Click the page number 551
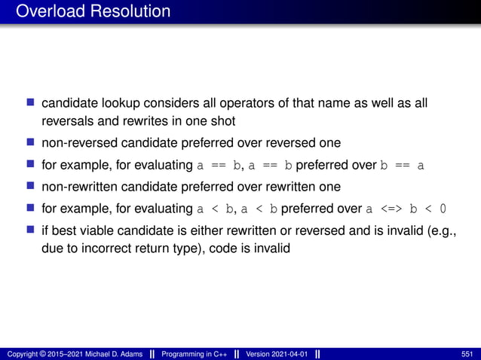coord(466,354)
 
